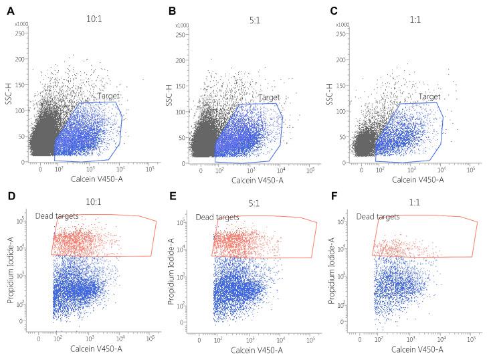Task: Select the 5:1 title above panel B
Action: [252, 11]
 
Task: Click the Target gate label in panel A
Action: [108, 97]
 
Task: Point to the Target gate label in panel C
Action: [429, 97]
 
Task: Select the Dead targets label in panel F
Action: [378, 217]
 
